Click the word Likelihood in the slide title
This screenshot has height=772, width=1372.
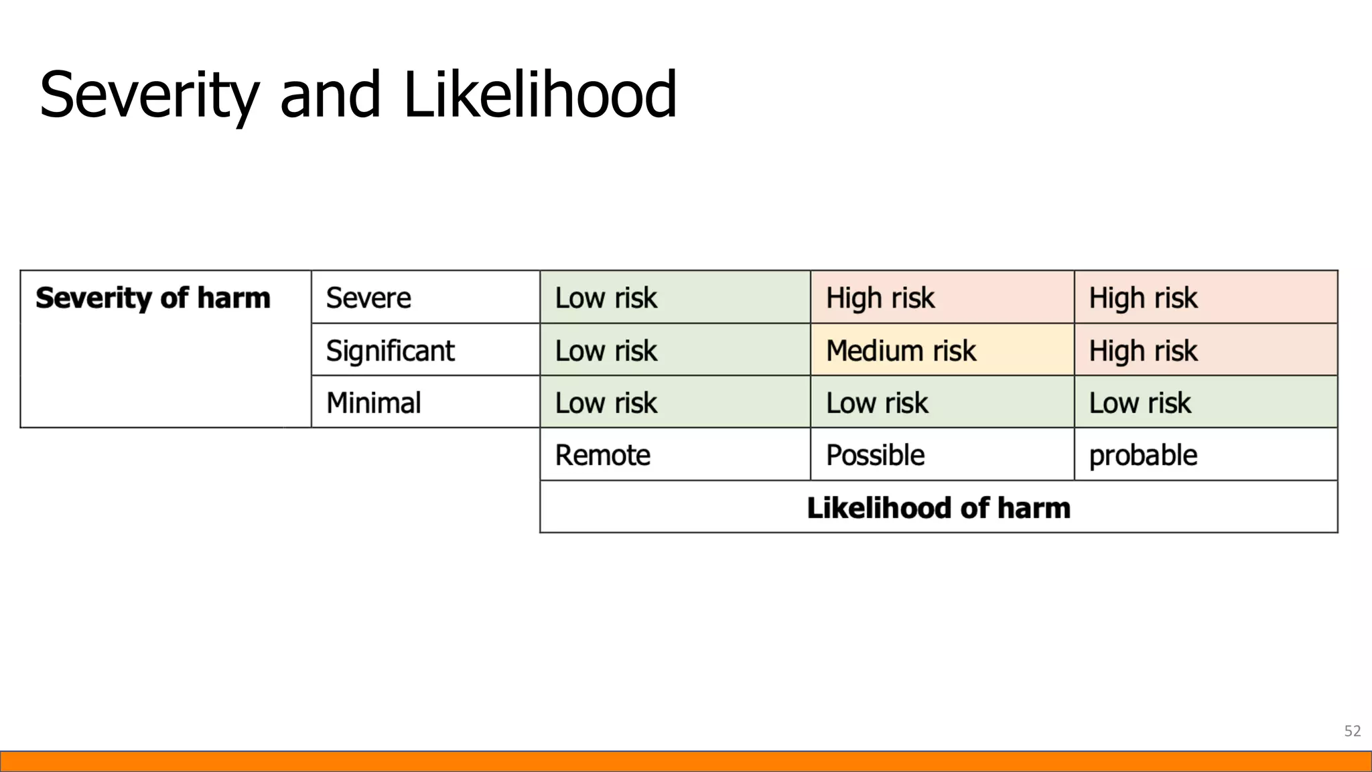click(x=540, y=95)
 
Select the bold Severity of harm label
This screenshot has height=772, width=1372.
click(x=153, y=298)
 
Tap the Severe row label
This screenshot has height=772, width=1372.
click(x=368, y=298)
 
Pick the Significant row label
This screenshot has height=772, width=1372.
click(x=390, y=350)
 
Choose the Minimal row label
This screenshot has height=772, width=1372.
click(x=373, y=403)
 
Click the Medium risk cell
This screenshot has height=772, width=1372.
click(x=900, y=350)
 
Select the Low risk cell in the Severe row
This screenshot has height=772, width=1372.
click(x=606, y=298)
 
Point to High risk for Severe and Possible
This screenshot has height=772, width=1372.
click(x=880, y=298)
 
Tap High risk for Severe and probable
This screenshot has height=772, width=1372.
click(x=1143, y=298)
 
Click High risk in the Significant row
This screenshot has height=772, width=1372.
click(x=1143, y=350)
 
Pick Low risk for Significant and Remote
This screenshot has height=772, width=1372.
click(x=606, y=350)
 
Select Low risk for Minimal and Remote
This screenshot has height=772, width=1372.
click(x=606, y=403)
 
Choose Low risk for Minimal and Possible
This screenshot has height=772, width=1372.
click(x=876, y=403)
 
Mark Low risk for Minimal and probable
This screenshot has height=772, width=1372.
click(x=1140, y=403)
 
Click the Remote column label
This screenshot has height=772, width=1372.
click(x=602, y=455)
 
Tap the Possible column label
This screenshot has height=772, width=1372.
click(x=875, y=455)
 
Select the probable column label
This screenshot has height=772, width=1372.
click(x=1143, y=456)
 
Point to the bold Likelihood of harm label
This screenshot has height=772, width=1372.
click(x=939, y=507)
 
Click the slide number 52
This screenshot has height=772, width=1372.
click(x=1352, y=731)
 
